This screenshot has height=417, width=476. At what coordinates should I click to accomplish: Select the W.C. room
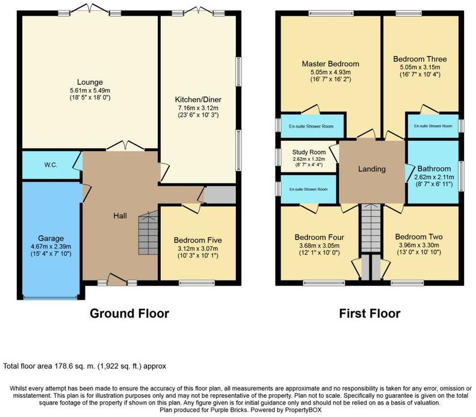(x=50, y=165)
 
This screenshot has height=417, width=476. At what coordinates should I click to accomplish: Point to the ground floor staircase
(x=146, y=234)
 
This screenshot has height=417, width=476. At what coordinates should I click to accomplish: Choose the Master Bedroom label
(x=330, y=64)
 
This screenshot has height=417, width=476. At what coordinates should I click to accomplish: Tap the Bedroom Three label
(x=420, y=59)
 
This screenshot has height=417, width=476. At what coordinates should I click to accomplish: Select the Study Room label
(x=309, y=152)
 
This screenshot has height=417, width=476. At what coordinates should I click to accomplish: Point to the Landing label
(x=371, y=169)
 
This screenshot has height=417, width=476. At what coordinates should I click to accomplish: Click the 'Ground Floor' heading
(x=129, y=314)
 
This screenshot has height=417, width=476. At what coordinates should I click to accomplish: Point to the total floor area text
(x=84, y=366)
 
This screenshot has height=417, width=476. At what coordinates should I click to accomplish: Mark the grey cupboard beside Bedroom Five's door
(x=220, y=195)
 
